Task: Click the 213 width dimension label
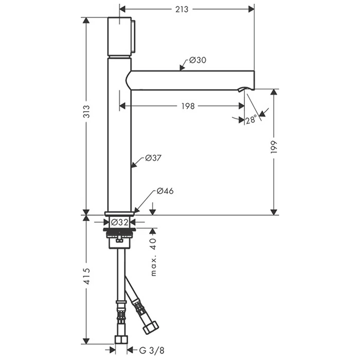tap(182, 9)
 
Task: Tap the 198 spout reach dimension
tap(188, 106)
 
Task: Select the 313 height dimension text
tap(86, 112)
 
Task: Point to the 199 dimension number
tap(274, 147)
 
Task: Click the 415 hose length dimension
tap(87, 277)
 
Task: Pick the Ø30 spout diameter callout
tap(197, 60)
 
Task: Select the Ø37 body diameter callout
tap(153, 158)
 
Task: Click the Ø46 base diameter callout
tap(165, 191)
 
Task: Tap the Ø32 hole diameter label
tap(119, 222)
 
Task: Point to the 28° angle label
tap(251, 120)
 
